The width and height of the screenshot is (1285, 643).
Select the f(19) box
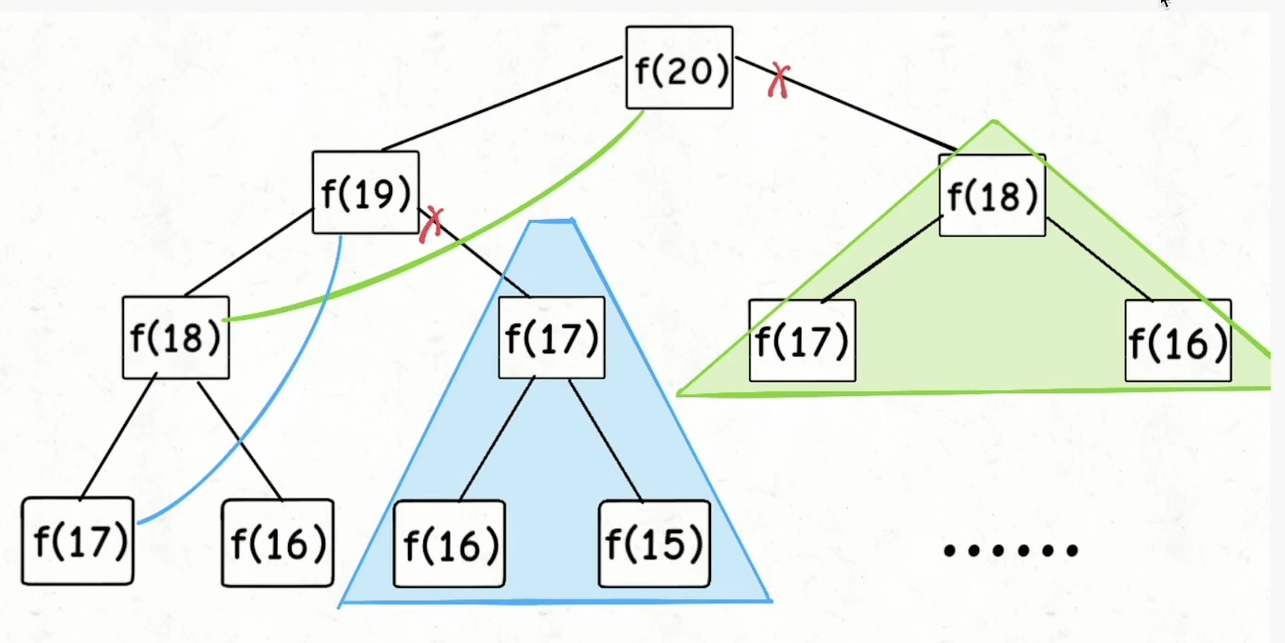click(365, 193)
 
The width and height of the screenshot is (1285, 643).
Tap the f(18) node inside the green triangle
click(991, 195)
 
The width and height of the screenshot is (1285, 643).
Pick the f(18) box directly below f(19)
click(175, 337)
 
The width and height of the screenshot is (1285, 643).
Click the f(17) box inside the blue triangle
click(551, 337)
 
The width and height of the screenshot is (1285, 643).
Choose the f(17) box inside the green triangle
click(801, 340)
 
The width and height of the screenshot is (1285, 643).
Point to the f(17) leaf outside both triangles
click(78, 541)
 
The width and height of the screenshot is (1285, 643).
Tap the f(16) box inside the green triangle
click(1178, 340)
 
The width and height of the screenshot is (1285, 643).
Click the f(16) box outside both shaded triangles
click(278, 543)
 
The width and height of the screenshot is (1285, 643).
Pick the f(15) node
click(653, 543)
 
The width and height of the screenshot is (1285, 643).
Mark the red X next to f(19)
click(431, 223)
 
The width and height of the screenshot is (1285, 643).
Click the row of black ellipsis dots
click(1011, 550)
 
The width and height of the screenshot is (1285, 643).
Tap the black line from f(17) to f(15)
click(606, 439)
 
